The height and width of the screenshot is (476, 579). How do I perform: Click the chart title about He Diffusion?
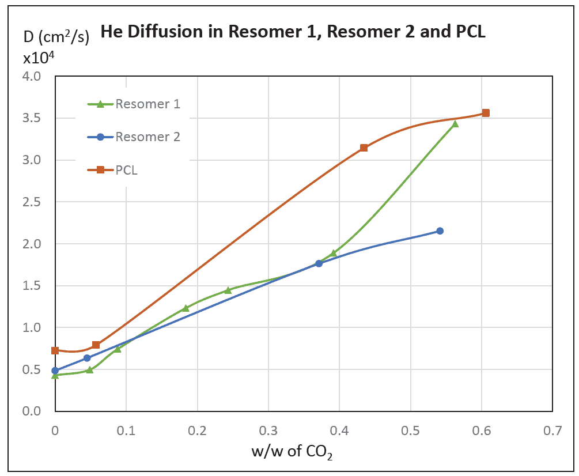[293, 32]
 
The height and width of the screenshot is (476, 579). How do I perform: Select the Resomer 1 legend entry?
[147, 104]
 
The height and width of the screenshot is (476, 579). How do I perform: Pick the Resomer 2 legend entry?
[147, 137]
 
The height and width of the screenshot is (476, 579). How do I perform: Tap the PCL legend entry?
[127, 170]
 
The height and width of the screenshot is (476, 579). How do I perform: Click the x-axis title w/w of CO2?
[293, 452]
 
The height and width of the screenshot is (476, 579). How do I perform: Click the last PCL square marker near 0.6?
[486, 113]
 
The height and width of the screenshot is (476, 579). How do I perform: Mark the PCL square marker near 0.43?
[364, 148]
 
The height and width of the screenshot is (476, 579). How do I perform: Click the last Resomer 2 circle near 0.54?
[440, 231]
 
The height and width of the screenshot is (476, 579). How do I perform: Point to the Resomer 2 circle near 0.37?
[319, 263]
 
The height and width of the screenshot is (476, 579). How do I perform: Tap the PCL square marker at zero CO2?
[55, 350]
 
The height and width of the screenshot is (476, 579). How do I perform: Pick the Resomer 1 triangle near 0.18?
[186, 308]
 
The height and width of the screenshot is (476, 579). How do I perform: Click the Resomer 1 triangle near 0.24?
[228, 290]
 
